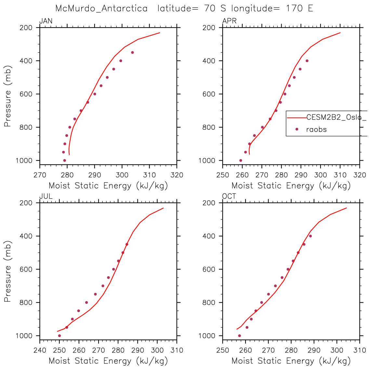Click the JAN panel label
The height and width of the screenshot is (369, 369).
tap(46, 21)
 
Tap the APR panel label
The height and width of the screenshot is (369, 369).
tap(229, 21)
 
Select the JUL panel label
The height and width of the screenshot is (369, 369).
tap(46, 196)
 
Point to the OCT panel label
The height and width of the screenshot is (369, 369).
tap(229, 196)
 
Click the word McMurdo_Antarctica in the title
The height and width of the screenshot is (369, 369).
tap(101, 8)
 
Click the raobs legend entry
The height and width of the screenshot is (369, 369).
tap(316, 129)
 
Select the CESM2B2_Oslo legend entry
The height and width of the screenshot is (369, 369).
tap(335, 117)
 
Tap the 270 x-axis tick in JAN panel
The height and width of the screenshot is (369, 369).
tap(40, 175)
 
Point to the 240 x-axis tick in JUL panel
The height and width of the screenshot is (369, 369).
tap(40, 350)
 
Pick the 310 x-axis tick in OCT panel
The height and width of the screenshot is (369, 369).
tap(359, 350)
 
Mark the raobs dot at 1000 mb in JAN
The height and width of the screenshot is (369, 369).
tap(64, 160)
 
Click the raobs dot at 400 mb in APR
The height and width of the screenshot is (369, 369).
tap(307, 61)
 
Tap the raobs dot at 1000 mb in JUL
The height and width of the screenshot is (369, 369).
tap(59, 336)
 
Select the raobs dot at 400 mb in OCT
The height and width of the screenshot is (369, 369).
tap(310, 236)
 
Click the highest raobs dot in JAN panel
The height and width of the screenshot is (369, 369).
tap(132, 52)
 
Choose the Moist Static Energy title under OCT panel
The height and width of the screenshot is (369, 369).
tap(291, 361)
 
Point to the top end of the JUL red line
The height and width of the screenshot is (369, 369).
tap(163, 208)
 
